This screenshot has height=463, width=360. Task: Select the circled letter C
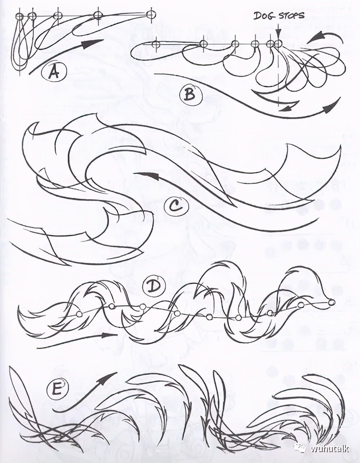(x=176, y=207)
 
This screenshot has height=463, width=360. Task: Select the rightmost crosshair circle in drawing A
(x=151, y=14)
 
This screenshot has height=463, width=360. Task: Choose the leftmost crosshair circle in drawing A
(x=20, y=16)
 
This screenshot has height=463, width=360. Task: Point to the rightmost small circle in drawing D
(x=331, y=302)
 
